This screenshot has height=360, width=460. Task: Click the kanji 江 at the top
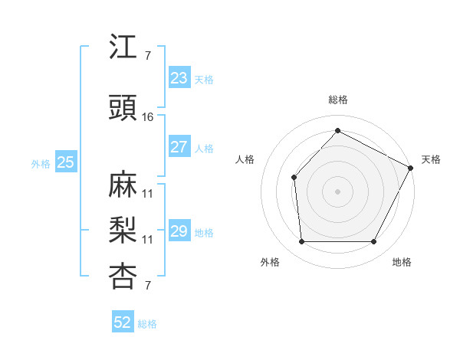tap(123, 48)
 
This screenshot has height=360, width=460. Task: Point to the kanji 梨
tap(123, 231)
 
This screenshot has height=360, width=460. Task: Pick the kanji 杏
tap(123, 277)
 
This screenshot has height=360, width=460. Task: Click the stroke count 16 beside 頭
tap(148, 117)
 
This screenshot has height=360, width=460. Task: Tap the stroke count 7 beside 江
tap(147, 56)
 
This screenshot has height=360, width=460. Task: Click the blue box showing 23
tap(179, 78)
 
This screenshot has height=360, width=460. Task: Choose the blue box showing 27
tap(179, 147)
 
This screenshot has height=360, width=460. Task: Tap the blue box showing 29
tap(179, 231)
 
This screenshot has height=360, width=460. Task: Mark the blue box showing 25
tap(65, 162)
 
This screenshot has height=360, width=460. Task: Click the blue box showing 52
tap(123, 322)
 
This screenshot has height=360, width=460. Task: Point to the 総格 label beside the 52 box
tap(147, 324)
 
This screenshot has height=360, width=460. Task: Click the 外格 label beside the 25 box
tap(41, 163)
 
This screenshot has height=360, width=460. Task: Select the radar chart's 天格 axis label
tap(431, 159)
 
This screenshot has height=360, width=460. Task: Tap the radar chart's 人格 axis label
tap(245, 159)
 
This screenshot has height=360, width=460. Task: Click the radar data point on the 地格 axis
tap(373, 242)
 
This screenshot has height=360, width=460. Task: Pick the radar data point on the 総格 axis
tap(337, 130)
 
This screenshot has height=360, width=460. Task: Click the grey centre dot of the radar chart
tap(337, 191)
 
